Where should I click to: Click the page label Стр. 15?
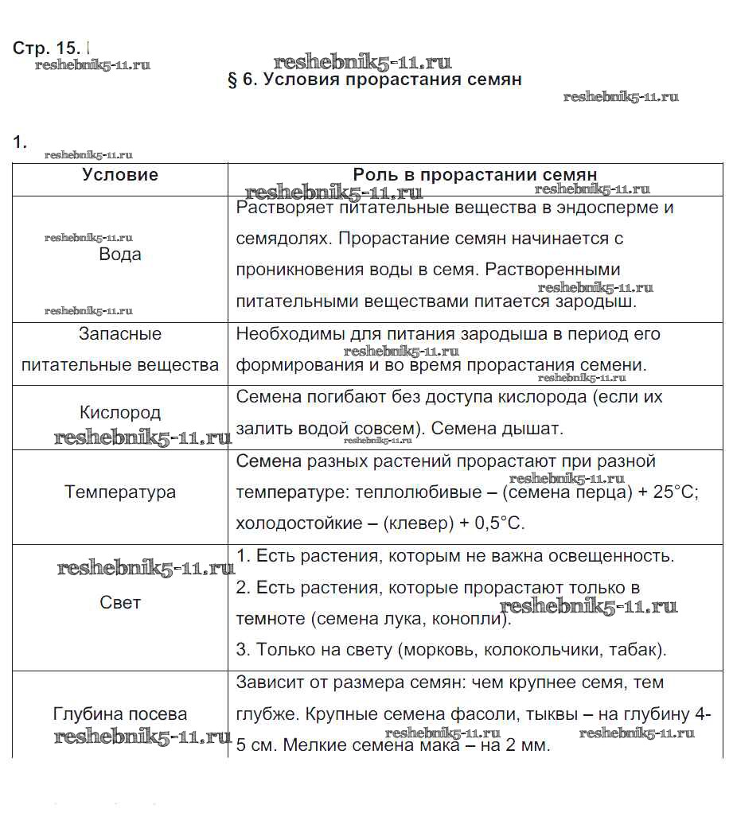(x=48, y=48)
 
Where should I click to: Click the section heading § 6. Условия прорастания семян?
(x=374, y=80)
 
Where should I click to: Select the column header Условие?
(x=120, y=175)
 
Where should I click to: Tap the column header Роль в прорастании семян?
(x=474, y=175)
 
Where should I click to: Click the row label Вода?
(x=120, y=255)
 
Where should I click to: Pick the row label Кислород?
(x=120, y=413)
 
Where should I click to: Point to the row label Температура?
(x=120, y=492)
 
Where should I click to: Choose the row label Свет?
(x=120, y=603)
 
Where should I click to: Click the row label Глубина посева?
(x=120, y=714)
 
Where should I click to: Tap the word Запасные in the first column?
(x=120, y=334)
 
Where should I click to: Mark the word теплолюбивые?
(x=416, y=492)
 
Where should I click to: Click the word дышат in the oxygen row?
(x=534, y=429)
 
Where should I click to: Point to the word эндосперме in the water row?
(x=609, y=208)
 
